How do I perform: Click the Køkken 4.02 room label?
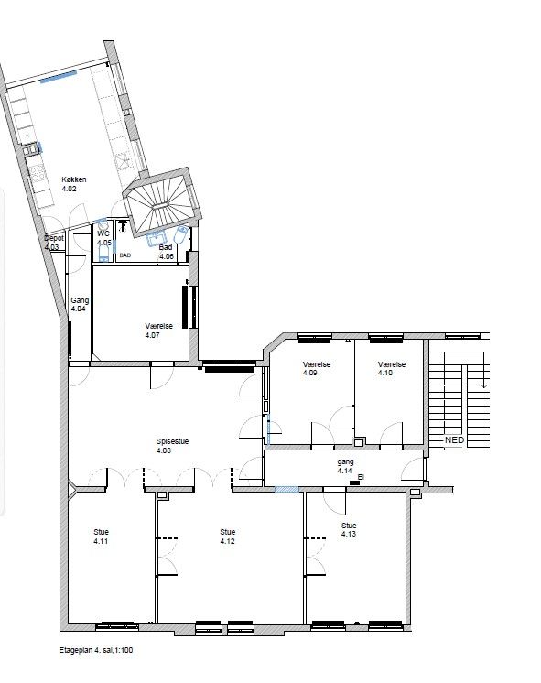(73, 184)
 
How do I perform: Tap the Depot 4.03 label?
(54, 243)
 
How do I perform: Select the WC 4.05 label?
(104, 238)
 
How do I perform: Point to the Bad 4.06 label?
(167, 252)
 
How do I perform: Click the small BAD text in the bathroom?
(125, 255)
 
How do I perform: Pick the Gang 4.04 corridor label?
(80, 305)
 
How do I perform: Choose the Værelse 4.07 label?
(159, 331)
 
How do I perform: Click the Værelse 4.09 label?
(317, 368)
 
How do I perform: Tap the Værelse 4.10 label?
(392, 368)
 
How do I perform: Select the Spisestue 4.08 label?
(172, 446)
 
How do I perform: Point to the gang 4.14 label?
(345, 466)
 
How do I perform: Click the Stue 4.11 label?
(101, 537)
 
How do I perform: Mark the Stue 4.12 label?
(228, 537)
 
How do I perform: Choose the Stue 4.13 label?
(349, 529)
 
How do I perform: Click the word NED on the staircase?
(454, 440)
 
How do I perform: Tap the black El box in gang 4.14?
(355, 482)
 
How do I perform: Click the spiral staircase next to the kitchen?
(161, 201)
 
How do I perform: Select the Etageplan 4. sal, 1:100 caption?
(96, 650)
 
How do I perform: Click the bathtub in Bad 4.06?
(180, 234)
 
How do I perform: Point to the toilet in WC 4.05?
(103, 254)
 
